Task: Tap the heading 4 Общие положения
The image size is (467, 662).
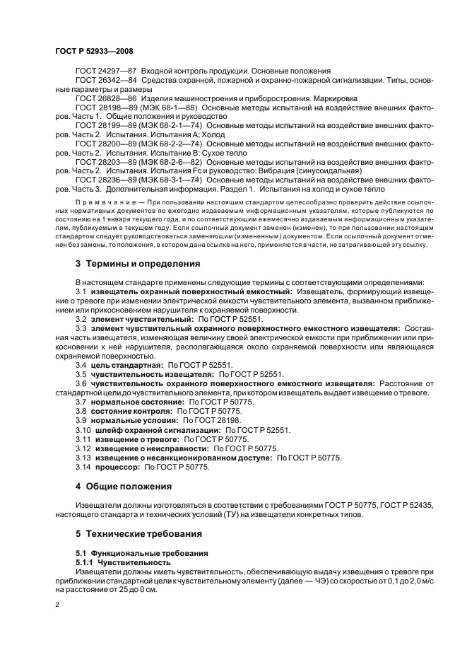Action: tap(124, 487)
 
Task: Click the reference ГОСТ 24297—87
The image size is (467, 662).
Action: tap(106, 71)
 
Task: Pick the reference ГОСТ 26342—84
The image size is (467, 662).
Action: tap(106, 81)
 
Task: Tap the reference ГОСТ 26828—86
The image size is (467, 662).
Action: tap(106, 98)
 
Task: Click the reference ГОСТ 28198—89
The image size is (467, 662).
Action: tap(106, 107)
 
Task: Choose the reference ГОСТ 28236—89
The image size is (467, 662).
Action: tap(106, 180)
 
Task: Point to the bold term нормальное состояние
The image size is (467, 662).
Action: tap(133, 402)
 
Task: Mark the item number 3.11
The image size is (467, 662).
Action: tap(83, 439)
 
